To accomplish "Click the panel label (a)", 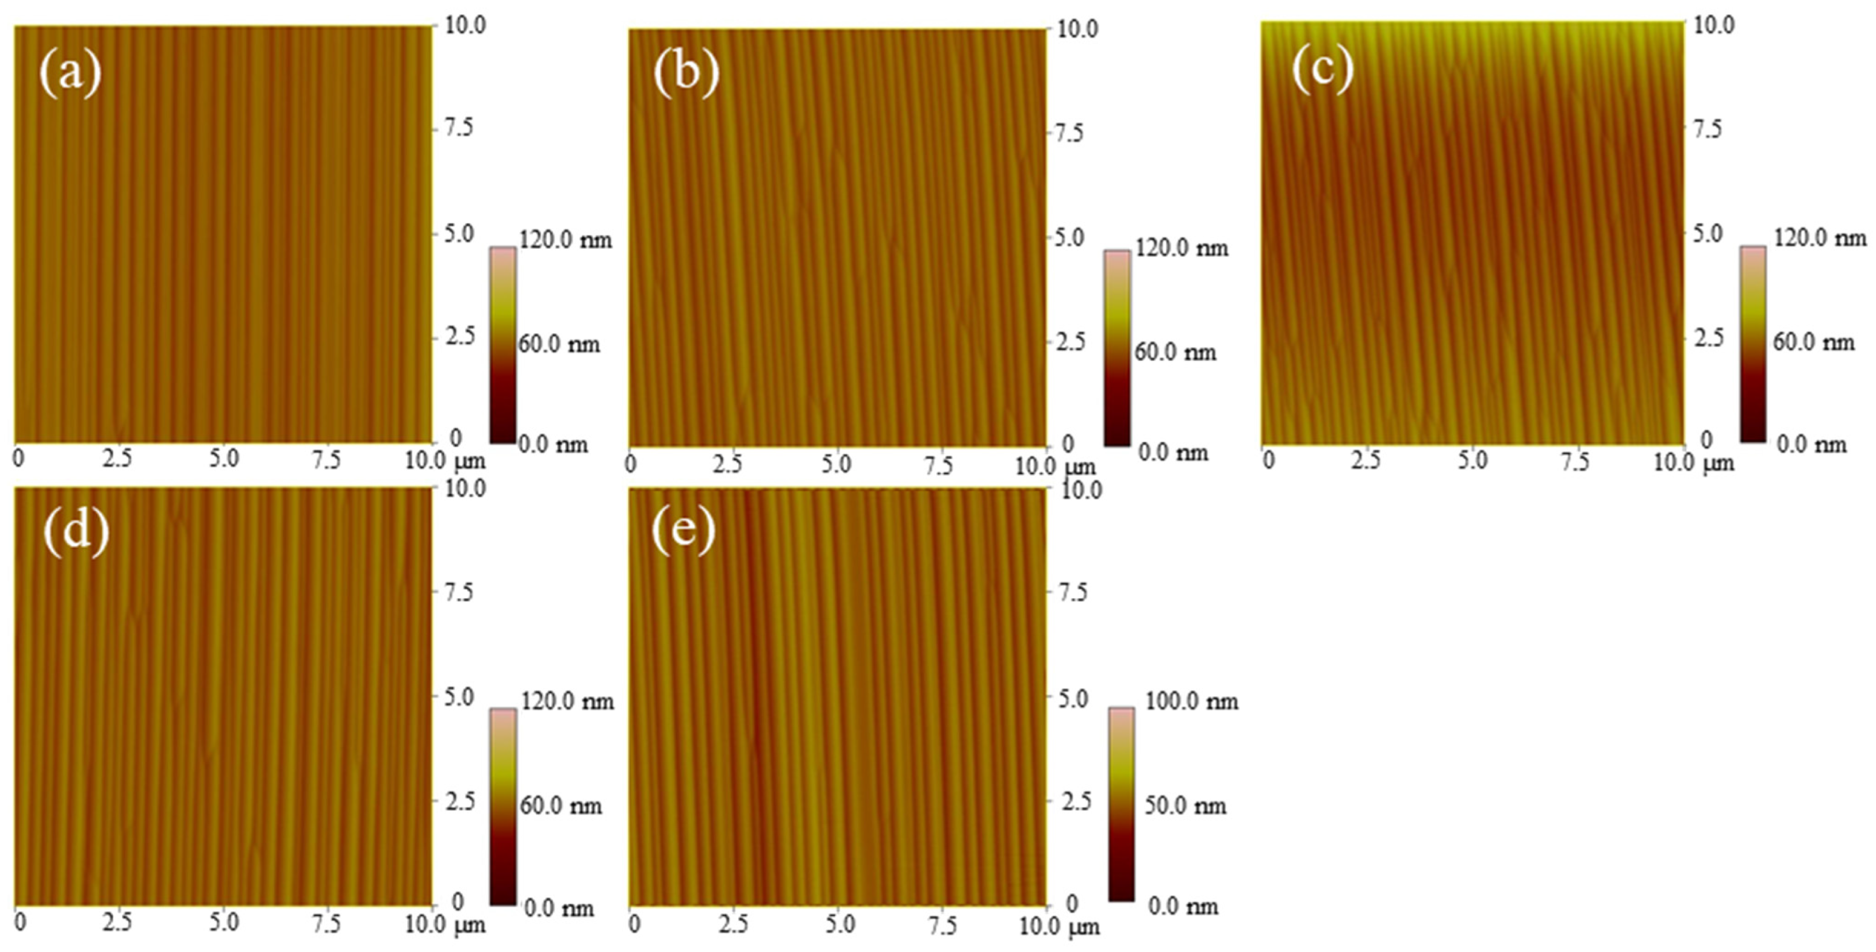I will click(70, 74).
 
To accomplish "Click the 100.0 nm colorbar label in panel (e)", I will click(1191, 702).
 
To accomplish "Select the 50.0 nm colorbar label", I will click(1186, 805).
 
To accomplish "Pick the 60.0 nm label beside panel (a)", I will click(559, 344).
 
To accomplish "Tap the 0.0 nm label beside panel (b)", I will click(1172, 453).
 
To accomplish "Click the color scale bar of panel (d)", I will click(502, 807).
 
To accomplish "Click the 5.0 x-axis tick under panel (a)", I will click(224, 459).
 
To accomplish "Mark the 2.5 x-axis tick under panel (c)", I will click(1365, 461).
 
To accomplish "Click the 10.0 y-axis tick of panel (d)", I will click(465, 488).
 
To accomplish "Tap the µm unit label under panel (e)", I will click(1084, 927).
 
